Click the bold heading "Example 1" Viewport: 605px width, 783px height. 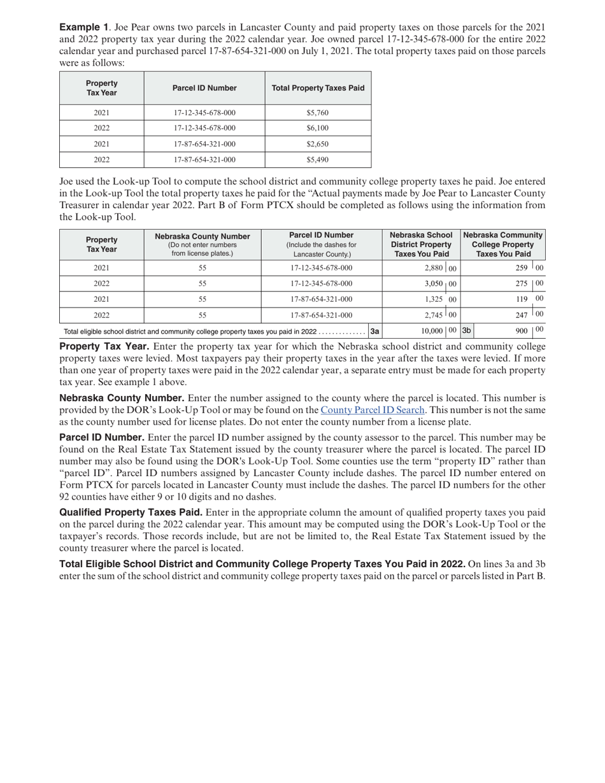pos(83,27)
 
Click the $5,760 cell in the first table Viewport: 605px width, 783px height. pos(317,113)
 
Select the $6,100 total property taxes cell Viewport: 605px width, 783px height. pos(317,128)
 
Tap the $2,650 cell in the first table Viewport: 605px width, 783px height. pos(317,144)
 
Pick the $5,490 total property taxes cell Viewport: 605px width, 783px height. pos(317,160)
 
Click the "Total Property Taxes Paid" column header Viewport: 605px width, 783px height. pos(318,88)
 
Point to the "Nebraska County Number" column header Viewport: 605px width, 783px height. pos(203,236)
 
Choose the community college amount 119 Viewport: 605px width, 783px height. pos(522,299)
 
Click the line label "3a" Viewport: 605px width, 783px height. pos(375,331)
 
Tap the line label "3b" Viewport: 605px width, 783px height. pos(467,330)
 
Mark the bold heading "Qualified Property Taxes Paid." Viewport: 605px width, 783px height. pos(131,512)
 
